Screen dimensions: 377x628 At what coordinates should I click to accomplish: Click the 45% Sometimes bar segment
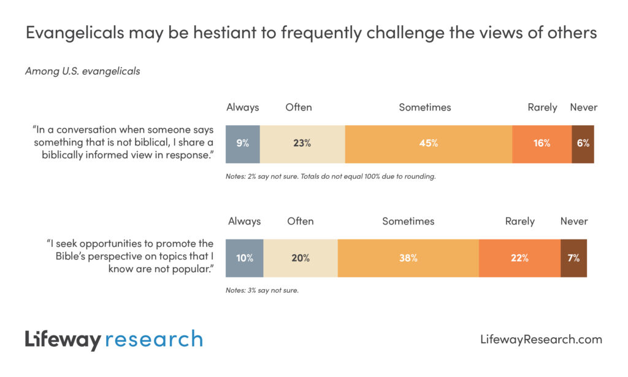[x=428, y=144]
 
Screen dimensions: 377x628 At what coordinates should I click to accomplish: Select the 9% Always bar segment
[x=243, y=144]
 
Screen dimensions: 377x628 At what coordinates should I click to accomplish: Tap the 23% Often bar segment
[x=302, y=144]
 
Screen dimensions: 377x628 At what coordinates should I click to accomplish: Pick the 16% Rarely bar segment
[x=542, y=144]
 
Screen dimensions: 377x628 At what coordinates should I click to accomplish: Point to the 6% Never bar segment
[x=583, y=144]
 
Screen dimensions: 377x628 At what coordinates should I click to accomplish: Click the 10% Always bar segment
[x=245, y=258]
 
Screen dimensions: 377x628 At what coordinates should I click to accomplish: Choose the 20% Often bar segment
[x=300, y=258]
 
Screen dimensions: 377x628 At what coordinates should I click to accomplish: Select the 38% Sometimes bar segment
[x=408, y=258]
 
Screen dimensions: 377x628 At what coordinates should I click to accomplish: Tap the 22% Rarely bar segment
[x=519, y=258]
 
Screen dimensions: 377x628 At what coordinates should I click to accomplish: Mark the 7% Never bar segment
[x=573, y=258]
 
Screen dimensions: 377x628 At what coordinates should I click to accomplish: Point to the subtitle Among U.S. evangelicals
[x=82, y=71]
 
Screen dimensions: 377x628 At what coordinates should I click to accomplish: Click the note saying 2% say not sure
[x=331, y=177]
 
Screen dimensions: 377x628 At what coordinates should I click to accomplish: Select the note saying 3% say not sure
[x=262, y=290]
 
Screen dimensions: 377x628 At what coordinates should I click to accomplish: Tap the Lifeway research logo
[x=113, y=339]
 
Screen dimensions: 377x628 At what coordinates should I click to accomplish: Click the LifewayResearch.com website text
[x=540, y=339]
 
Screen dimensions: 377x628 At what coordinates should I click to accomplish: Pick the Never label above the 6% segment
[x=583, y=107]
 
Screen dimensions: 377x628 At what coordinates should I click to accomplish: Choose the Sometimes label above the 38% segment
[x=408, y=221]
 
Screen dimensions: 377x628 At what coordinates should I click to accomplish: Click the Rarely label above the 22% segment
[x=519, y=221]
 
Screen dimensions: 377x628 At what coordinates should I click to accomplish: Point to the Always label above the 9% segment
[x=243, y=107]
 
